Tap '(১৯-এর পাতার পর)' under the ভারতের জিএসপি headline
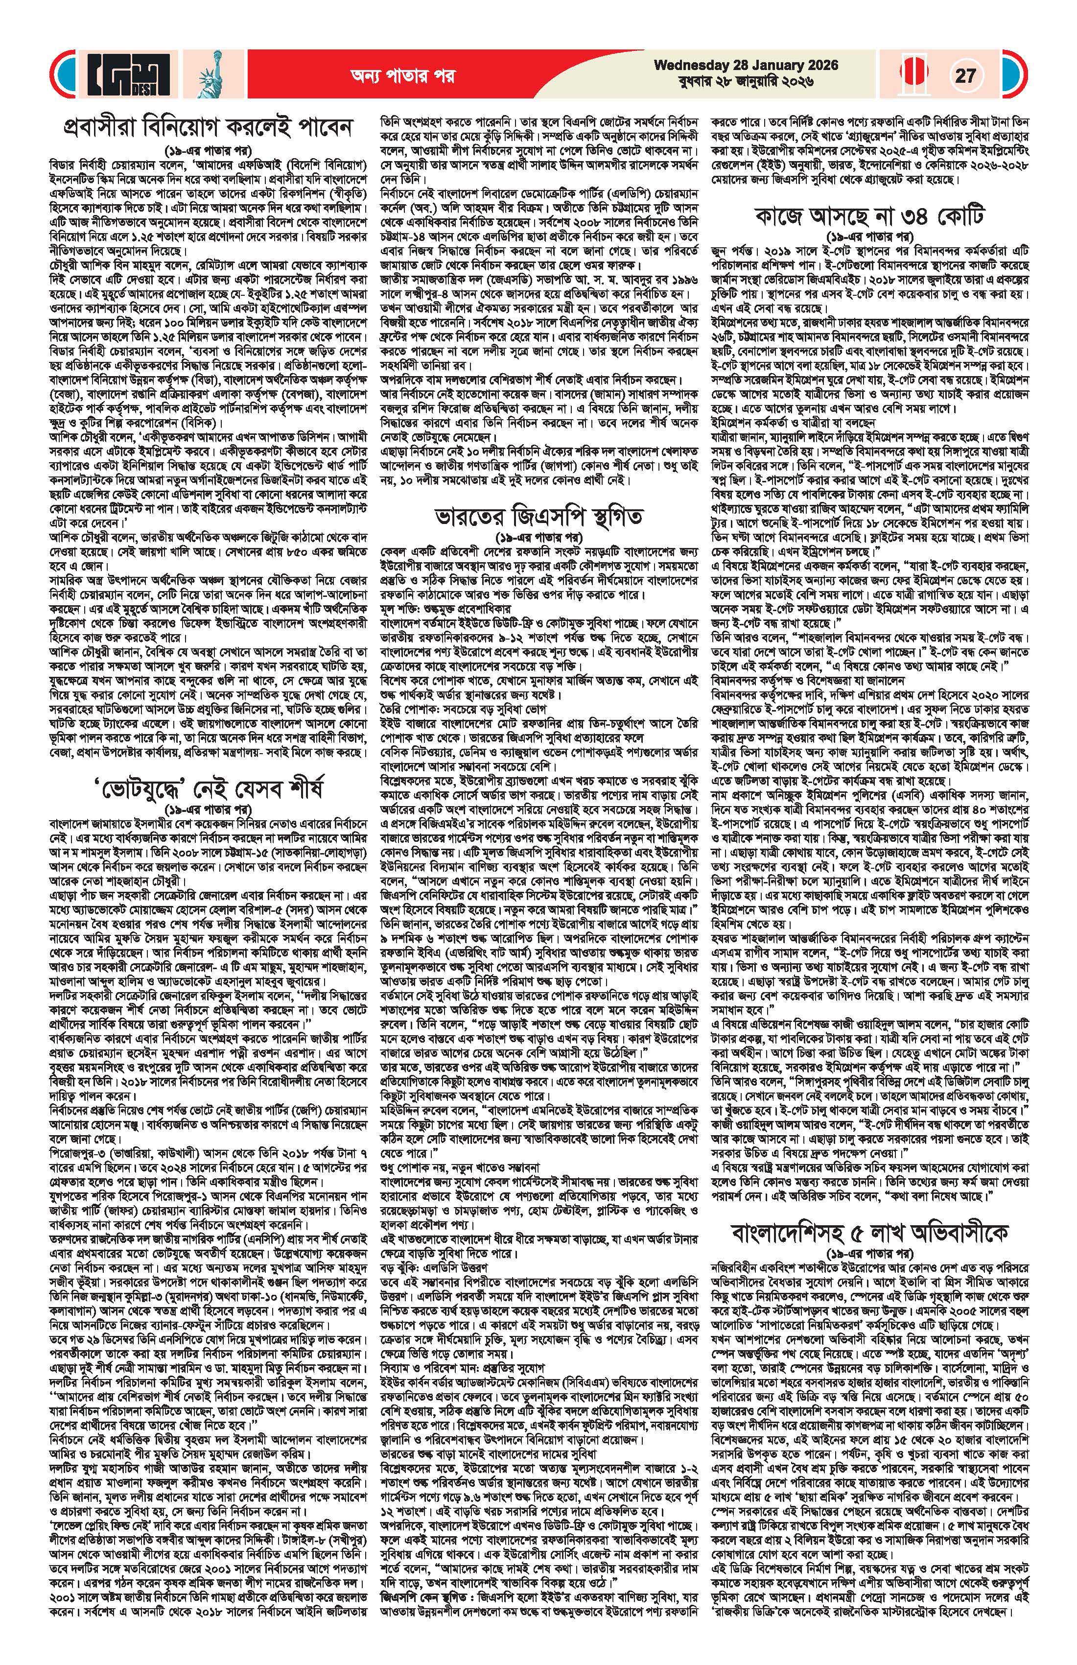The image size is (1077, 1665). tap(537, 539)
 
